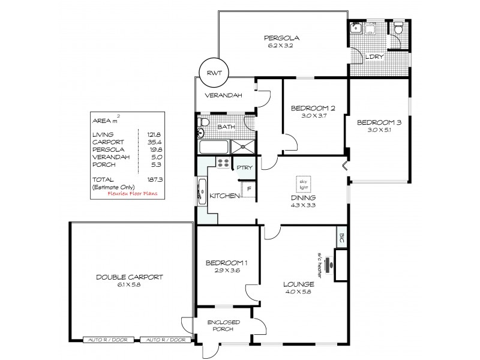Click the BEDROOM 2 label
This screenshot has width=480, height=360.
312,108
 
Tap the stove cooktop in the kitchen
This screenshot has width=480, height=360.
224,164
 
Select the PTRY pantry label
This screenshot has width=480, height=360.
244,168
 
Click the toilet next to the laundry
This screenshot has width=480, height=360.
398,27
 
